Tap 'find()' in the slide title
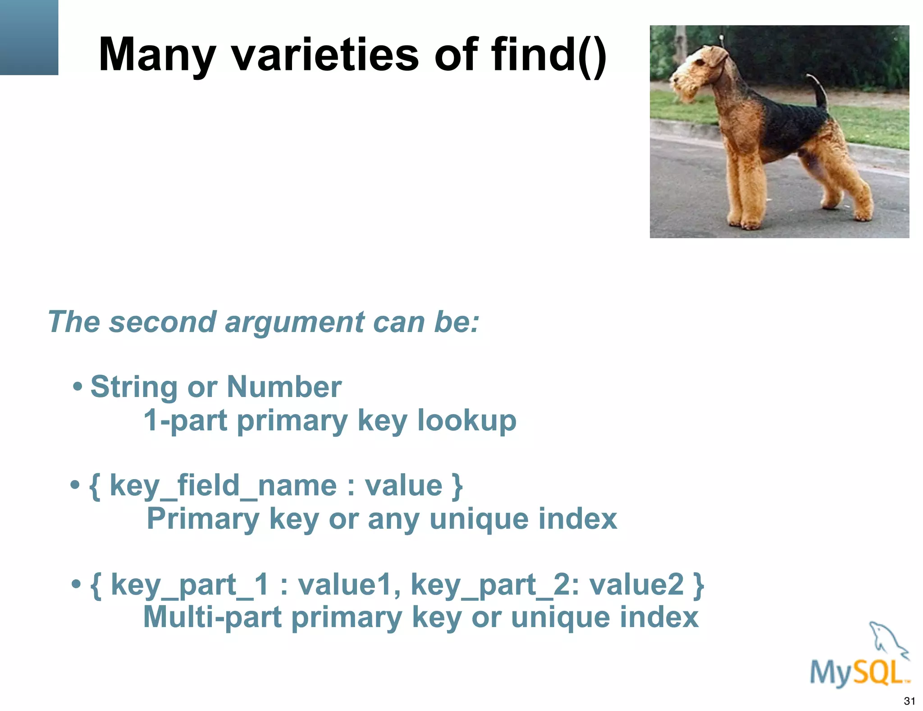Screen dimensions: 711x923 pos(549,55)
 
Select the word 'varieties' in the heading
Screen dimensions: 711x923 pos(324,55)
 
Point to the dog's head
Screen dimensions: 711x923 pos(696,72)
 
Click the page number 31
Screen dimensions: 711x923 pos(909,701)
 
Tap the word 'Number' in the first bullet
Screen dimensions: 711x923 pos(284,387)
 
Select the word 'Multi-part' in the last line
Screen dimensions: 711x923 pos(212,617)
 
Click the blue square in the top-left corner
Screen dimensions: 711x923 pos(29,37)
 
